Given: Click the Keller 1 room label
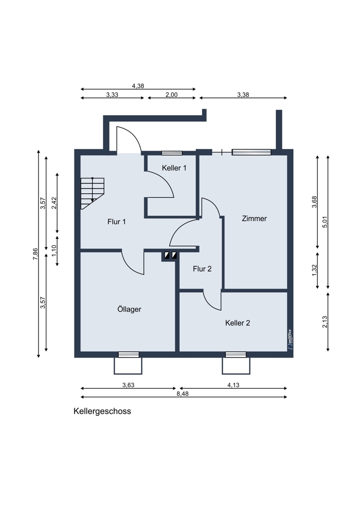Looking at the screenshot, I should [x=174, y=168].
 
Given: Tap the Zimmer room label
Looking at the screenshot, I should [x=254, y=219].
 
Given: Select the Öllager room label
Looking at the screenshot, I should [x=129, y=309].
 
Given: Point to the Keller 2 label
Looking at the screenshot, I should [x=237, y=323].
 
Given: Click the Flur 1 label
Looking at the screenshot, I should [x=116, y=222].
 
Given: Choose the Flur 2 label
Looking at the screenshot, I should [x=202, y=269].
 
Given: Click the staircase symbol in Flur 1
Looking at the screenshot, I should [x=92, y=192].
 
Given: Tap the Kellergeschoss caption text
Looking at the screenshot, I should [x=102, y=411].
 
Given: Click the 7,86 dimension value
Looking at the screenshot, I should [x=35, y=254].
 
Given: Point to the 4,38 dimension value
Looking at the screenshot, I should [x=138, y=86].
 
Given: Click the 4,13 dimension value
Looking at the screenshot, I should [x=233, y=385].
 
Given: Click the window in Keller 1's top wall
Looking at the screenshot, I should [x=172, y=152].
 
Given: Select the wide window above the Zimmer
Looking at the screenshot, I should [x=251, y=152].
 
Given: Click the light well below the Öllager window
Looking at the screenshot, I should [x=128, y=365].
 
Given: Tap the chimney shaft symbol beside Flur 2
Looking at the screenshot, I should [x=170, y=256].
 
